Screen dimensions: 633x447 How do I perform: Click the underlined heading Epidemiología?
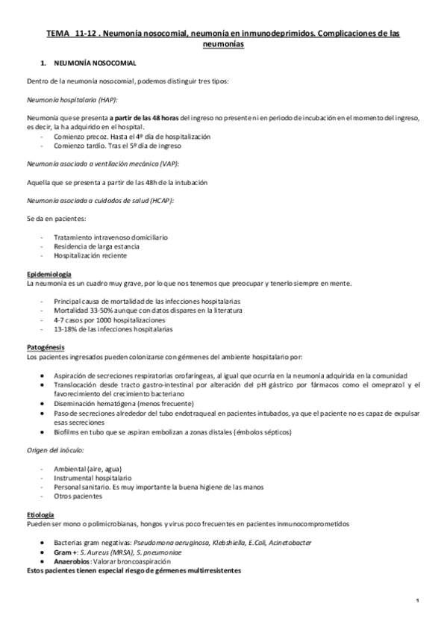pos(49,274)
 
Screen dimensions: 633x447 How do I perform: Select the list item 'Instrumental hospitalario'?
pos(99,476)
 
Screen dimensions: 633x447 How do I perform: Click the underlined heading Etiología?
pos(42,514)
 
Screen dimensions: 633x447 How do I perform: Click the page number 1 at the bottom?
pos(416,600)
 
